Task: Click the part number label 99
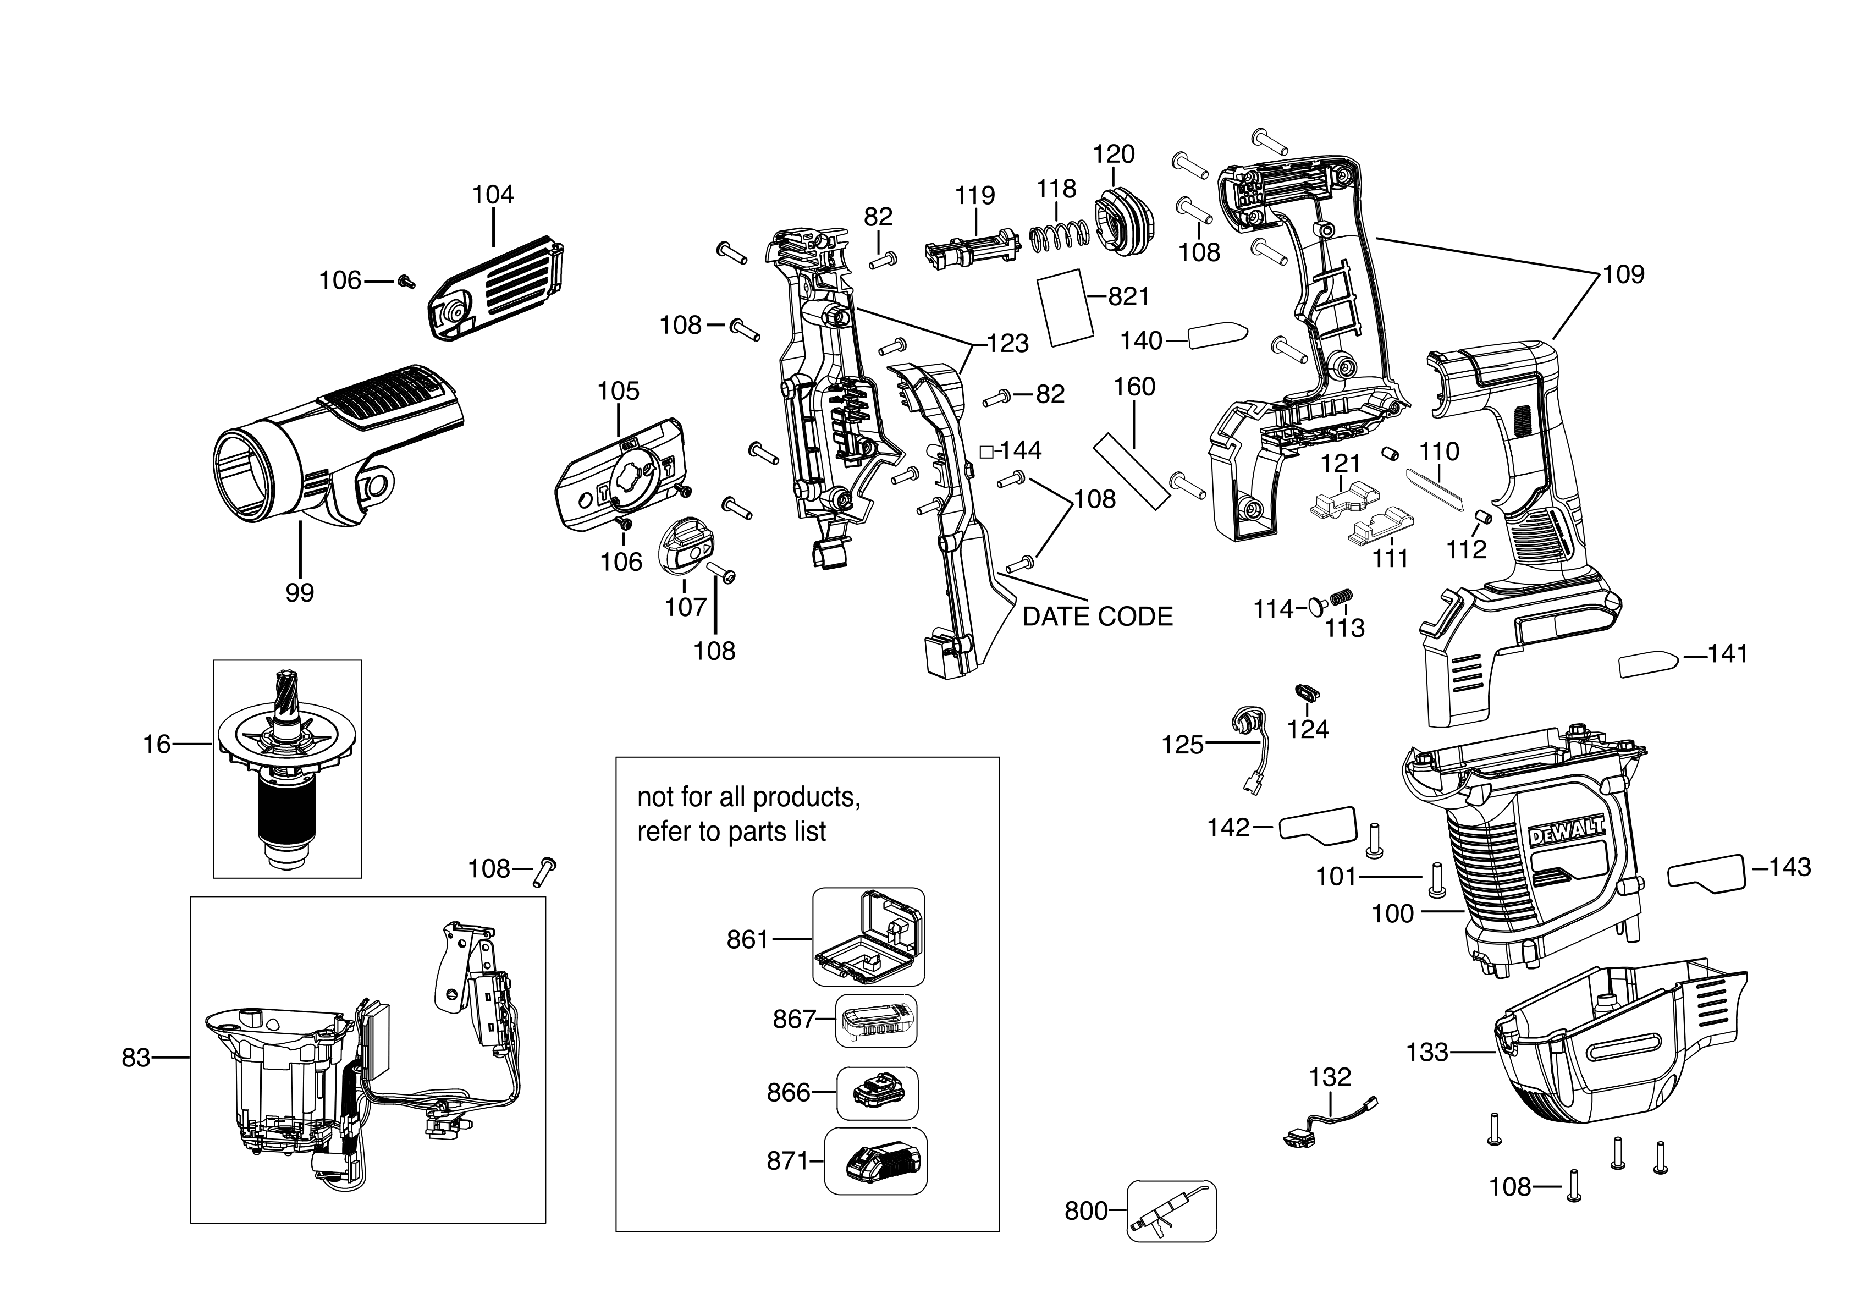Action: pos(299,593)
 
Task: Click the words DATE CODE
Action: pos(1097,617)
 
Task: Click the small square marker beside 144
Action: pos(986,452)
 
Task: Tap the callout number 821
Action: pos(1128,297)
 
